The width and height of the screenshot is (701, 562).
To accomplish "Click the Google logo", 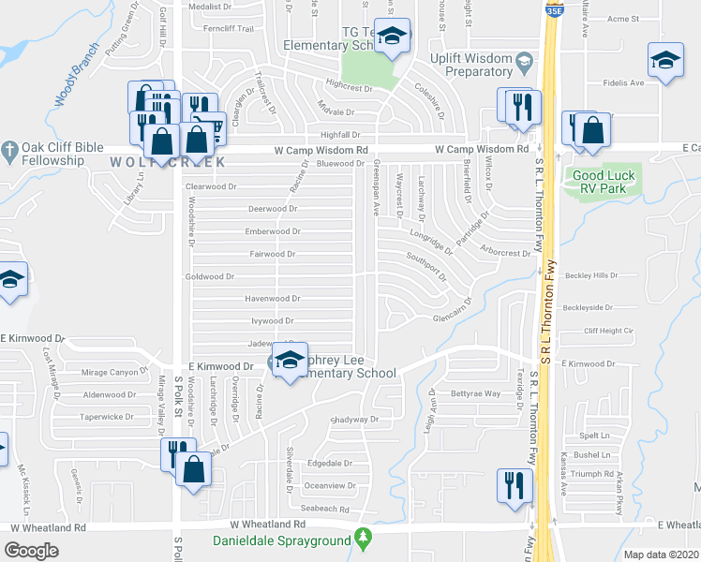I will click(31, 551).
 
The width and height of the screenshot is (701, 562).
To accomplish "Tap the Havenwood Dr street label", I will click(272, 299).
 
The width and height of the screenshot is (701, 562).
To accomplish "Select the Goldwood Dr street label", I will click(209, 277).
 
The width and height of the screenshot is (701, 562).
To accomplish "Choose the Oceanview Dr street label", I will click(330, 485).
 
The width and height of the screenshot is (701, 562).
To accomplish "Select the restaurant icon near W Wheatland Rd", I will click(515, 485).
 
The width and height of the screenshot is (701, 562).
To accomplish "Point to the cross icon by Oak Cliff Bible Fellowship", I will click(8, 149).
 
